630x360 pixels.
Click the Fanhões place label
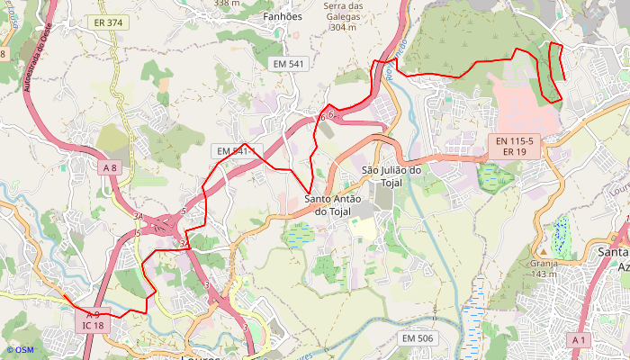(x=281, y=16)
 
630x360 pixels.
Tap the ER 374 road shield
(x=109, y=22)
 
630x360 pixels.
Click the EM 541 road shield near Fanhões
(x=290, y=63)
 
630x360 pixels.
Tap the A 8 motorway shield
(x=110, y=167)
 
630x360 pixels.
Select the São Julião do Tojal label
(x=391, y=175)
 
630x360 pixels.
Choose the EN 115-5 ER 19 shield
(x=514, y=147)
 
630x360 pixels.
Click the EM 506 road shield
(x=418, y=337)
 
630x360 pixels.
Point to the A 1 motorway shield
(x=580, y=339)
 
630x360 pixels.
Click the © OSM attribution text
(x=19, y=350)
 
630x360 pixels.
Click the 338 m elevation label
(x=227, y=4)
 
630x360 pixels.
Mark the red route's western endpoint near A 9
(x=62, y=294)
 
